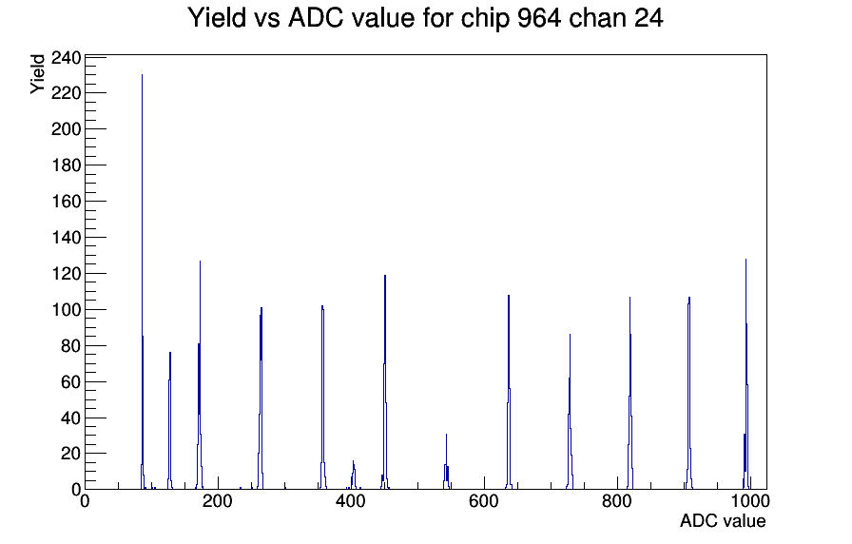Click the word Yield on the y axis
pyautogui.click(x=37, y=74)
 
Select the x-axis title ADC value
pyautogui.click(x=723, y=520)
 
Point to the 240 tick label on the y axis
pyautogui.click(x=66, y=58)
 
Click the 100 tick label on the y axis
pyautogui.click(x=66, y=310)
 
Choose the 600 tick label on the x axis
pyautogui.click(x=484, y=501)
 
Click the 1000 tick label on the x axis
pyautogui.click(x=750, y=501)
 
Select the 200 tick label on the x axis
pyautogui.click(x=218, y=501)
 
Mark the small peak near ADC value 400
pyautogui.click(x=353, y=475)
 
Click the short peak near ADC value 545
pyautogui.click(x=446, y=462)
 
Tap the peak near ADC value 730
pyautogui.click(x=570, y=412)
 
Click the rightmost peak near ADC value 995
pyautogui.click(x=745, y=374)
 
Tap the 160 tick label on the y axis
pyautogui.click(x=66, y=202)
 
